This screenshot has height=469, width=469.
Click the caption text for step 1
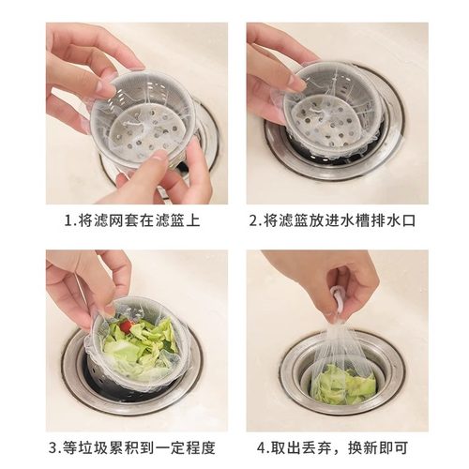pos(132,221)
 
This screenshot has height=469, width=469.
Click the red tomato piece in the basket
pos(126,326)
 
